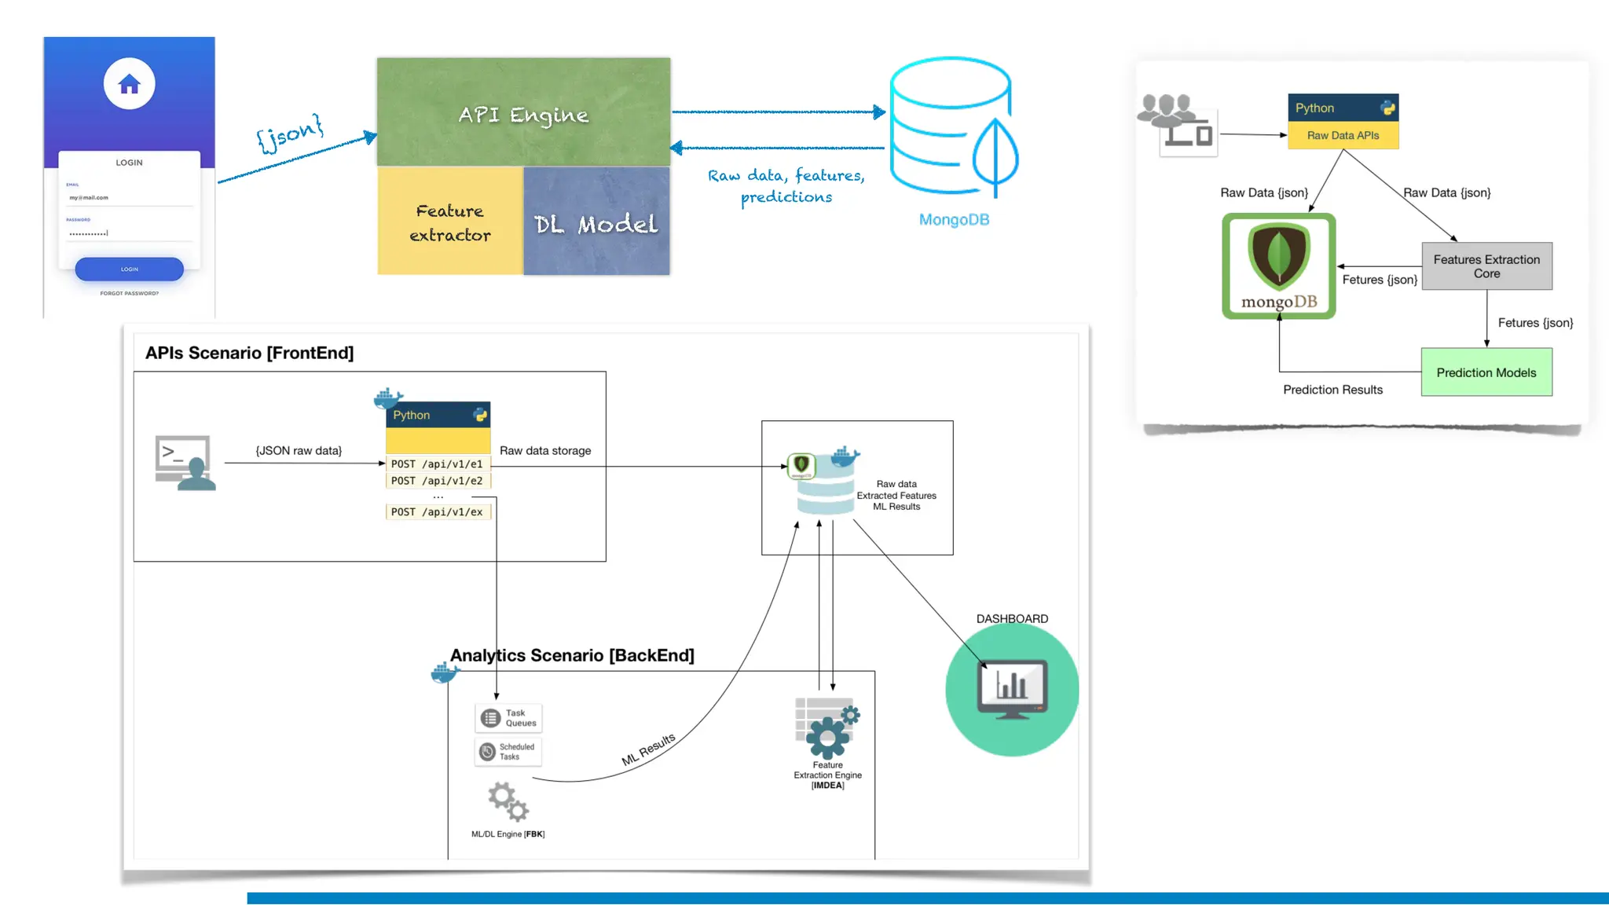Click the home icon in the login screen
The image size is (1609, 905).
click(x=129, y=84)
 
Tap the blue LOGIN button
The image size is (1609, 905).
click(x=129, y=269)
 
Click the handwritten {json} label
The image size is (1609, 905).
click(x=290, y=133)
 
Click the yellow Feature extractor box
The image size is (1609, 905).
click(x=449, y=222)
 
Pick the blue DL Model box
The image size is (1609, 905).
click(x=596, y=223)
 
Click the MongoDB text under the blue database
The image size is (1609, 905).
click(x=954, y=220)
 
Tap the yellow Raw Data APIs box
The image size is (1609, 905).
click(x=1343, y=135)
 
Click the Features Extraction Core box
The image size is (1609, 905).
click(x=1486, y=266)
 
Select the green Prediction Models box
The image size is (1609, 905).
click(x=1486, y=372)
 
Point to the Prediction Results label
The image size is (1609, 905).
click(x=1332, y=390)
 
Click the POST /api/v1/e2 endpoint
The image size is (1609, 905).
click(x=437, y=481)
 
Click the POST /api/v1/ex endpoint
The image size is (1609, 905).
click(x=437, y=512)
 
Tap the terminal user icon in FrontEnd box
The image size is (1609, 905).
click(x=185, y=463)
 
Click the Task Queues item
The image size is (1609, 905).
click(x=508, y=718)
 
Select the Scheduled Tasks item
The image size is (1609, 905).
click(x=508, y=752)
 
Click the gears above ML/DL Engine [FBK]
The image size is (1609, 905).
click(x=508, y=801)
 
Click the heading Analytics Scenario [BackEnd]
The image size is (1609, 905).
click(x=572, y=655)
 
